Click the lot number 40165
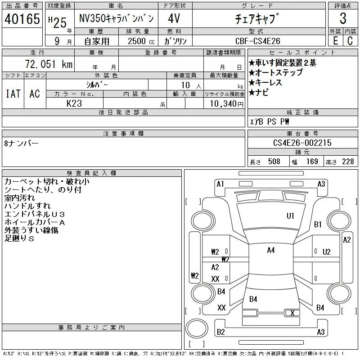22,19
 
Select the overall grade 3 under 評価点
343,18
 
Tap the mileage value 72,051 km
49,64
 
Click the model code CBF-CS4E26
258,41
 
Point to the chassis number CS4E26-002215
302,143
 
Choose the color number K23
74,103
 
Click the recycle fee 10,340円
227,103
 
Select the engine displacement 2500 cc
141,41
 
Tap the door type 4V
174,18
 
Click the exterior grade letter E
335,41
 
